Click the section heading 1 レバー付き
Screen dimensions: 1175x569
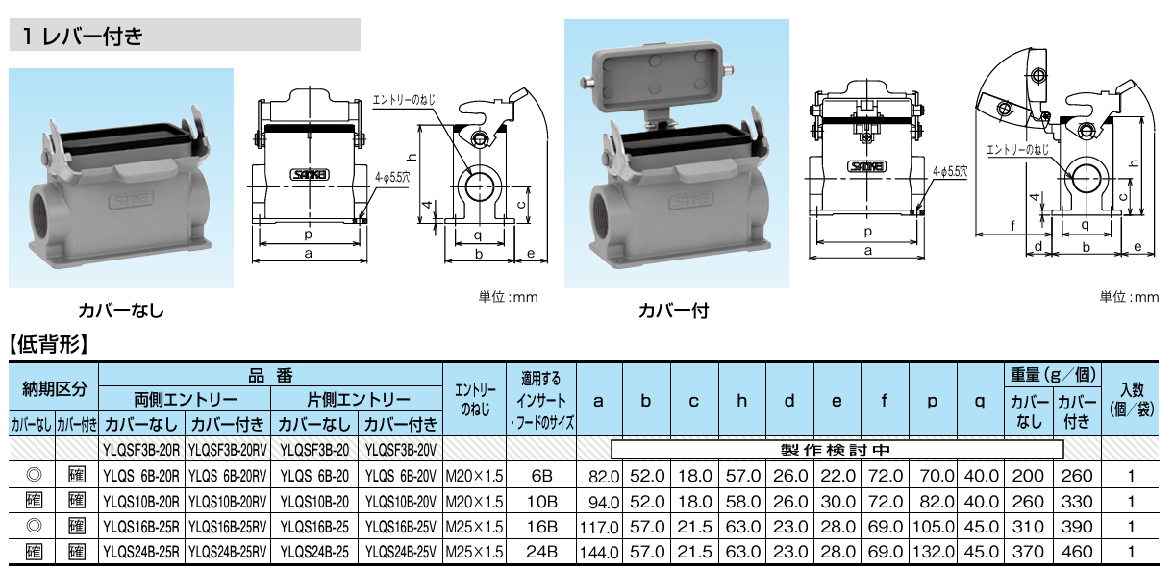[x=83, y=36]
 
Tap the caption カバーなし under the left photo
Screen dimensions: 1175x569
[x=121, y=310]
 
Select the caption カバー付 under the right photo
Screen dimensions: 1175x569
[x=673, y=310]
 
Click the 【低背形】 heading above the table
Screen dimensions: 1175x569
[x=48, y=344]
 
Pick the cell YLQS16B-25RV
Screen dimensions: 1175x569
[x=228, y=527]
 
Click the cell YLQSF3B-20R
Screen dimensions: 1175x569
[x=141, y=450]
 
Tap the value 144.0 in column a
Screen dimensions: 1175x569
[x=599, y=553]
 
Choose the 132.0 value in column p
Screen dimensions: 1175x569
[x=934, y=552]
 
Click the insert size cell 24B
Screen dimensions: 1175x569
[x=541, y=552]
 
